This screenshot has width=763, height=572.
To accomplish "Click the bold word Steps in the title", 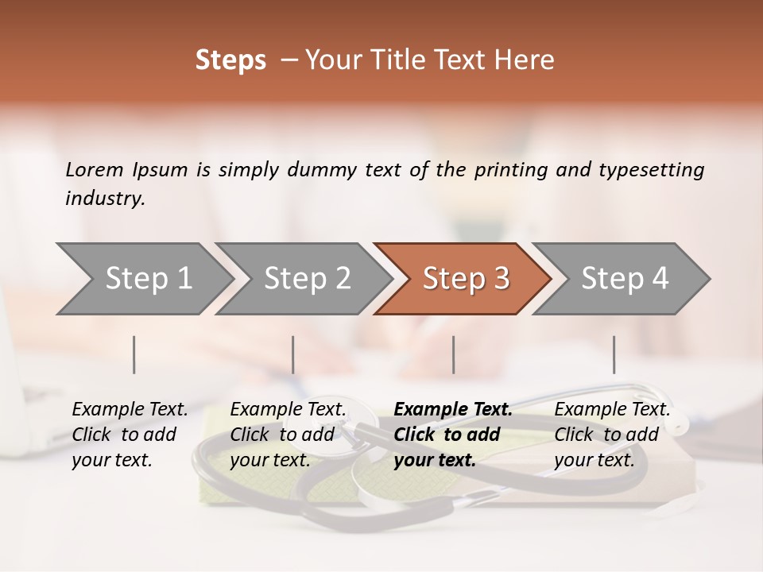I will (230, 61).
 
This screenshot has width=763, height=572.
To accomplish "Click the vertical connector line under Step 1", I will (134, 354).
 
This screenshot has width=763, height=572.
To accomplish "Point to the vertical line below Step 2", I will (293, 354).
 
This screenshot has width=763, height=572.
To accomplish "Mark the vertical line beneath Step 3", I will (453, 354).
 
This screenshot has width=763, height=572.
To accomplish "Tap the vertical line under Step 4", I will (614, 354).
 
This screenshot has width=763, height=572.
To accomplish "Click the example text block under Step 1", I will (130, 435).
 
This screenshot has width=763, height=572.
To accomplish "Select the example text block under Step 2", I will (288, 435).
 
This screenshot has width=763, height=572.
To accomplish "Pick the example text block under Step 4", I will (612, 435).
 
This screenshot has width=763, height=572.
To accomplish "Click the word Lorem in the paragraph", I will (94, 169).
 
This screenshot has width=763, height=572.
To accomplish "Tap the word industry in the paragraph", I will (104, 199).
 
